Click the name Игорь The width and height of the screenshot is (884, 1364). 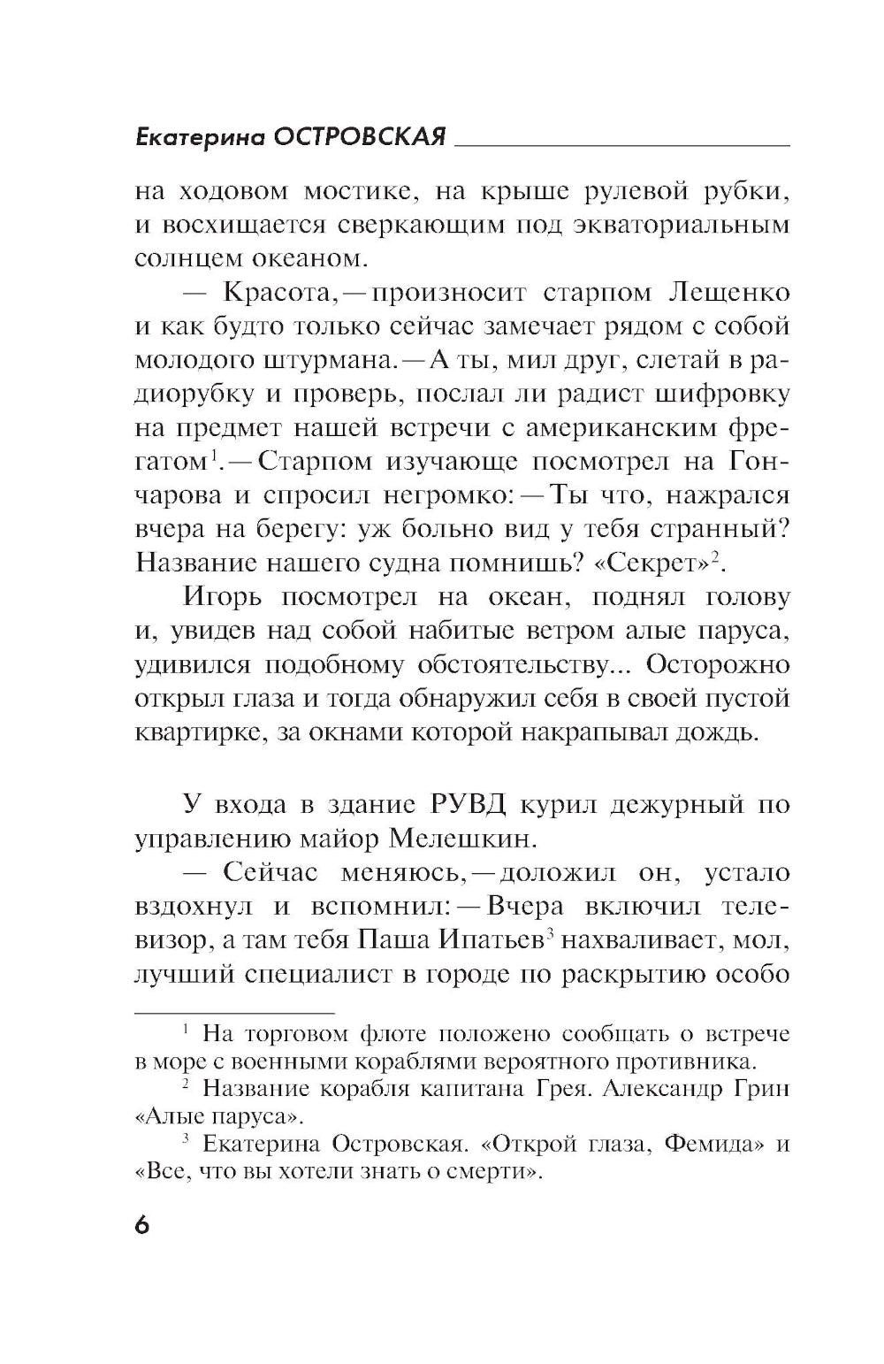click(223, 596)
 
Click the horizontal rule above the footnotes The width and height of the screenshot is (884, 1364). click(234, 1011)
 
